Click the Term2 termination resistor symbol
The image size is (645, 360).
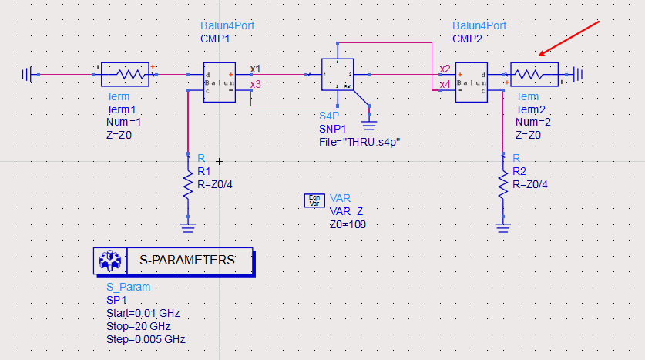coord(533,75)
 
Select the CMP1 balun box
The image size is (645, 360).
coord(219,82)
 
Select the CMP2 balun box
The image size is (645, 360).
coord(471,82)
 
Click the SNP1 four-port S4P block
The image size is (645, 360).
coord(337,76)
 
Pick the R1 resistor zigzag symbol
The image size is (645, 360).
coord(187,184)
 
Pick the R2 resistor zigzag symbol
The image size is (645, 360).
coord(503,184)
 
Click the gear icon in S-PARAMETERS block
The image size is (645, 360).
coord(108,261)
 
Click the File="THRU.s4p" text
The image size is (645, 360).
coord(360,143)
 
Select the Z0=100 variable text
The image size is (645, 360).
coord(348,224)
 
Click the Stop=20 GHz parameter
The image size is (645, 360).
coord(138,326)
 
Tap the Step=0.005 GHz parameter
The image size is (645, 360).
coord(146,339)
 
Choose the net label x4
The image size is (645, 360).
coord(445,84)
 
